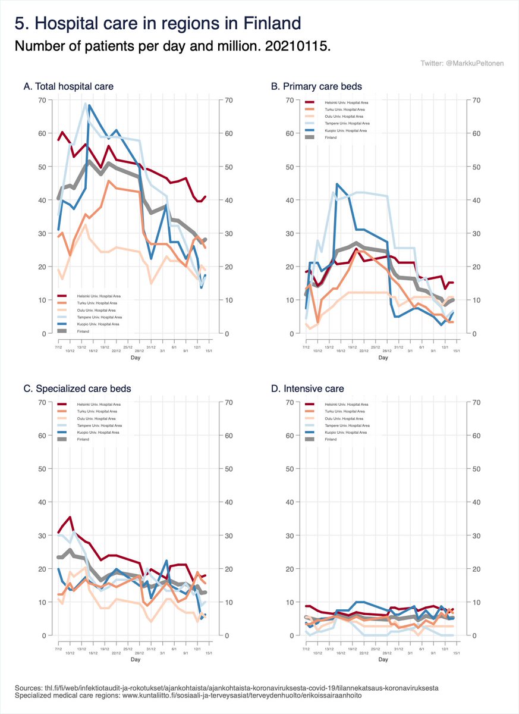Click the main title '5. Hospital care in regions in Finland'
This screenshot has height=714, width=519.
coord(158,24)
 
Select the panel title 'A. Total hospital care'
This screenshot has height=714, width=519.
coord(68,87)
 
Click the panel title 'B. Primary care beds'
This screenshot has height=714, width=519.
coord(316,87)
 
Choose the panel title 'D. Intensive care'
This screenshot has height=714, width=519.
coord(307,389)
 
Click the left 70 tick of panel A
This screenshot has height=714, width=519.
coord(42,100)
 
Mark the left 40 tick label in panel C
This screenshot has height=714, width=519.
coord(42,502)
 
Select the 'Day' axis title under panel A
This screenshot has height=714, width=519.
coord(135,358)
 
